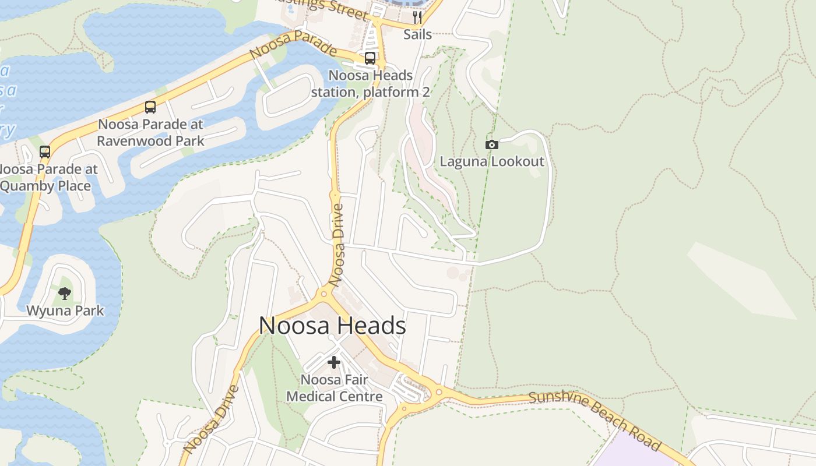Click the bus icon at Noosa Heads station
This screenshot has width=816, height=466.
[x=370, y=58]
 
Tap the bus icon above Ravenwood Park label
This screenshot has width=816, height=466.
[x=150, y=107]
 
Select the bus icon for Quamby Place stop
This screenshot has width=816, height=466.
[x=45, y=152]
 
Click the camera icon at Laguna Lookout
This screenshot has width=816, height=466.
[x=492, y=144]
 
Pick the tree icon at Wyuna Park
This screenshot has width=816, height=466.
[x=65, y=293]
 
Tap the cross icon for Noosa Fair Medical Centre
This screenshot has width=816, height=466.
[x=334, y=362]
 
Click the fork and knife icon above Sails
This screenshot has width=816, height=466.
[x=417, y=17]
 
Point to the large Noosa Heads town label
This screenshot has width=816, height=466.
[x=332, y=326]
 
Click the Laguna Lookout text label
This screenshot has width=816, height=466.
[x=492, y=161]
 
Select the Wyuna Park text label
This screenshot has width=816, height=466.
[x=65, y=310]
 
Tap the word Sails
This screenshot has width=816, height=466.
[x=418, y=34]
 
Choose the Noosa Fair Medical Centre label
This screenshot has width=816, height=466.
[x=335, y=389]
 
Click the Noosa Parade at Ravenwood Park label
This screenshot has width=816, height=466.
[x=150, y=133]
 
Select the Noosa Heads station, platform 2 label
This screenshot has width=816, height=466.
[x=371, y=84]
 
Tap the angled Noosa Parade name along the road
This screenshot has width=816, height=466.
[x=293, y=44]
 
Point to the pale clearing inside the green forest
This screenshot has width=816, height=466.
[x=740, y=280]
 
